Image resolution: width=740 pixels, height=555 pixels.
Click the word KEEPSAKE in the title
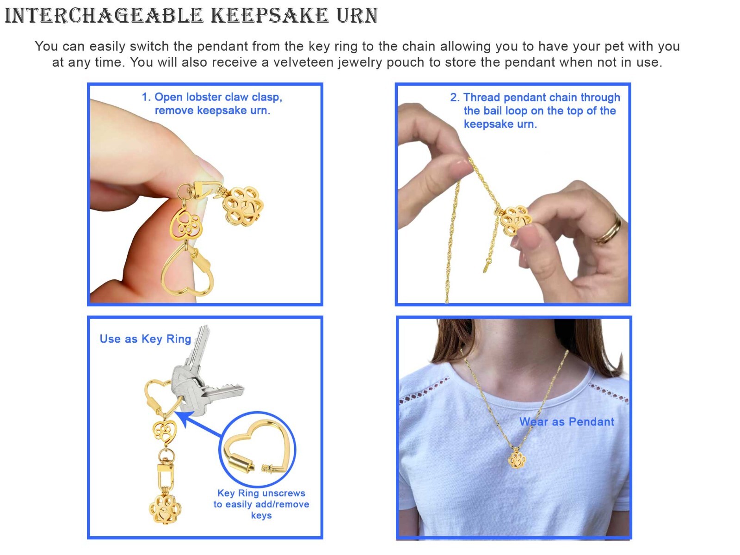tap(269, 16)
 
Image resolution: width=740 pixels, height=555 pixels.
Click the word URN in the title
tap(357, 16)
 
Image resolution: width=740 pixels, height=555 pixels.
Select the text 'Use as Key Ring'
tap(145, 339)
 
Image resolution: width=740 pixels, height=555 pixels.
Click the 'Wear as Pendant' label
tap(567, 421)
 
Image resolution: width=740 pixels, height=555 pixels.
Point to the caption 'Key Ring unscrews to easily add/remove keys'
tap(261, 504)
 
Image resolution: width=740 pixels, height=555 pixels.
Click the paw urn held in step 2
tap(514, 221)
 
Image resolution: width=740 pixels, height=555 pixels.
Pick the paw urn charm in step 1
tap(243, 205)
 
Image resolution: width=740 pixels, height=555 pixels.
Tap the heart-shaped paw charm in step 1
tap(185, 224)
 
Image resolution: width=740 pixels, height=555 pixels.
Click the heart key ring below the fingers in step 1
tap(187, 270)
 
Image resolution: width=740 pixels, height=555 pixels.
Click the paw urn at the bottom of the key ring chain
tap(165, 509)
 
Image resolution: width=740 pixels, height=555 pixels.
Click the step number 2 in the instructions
tap(454, 98)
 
